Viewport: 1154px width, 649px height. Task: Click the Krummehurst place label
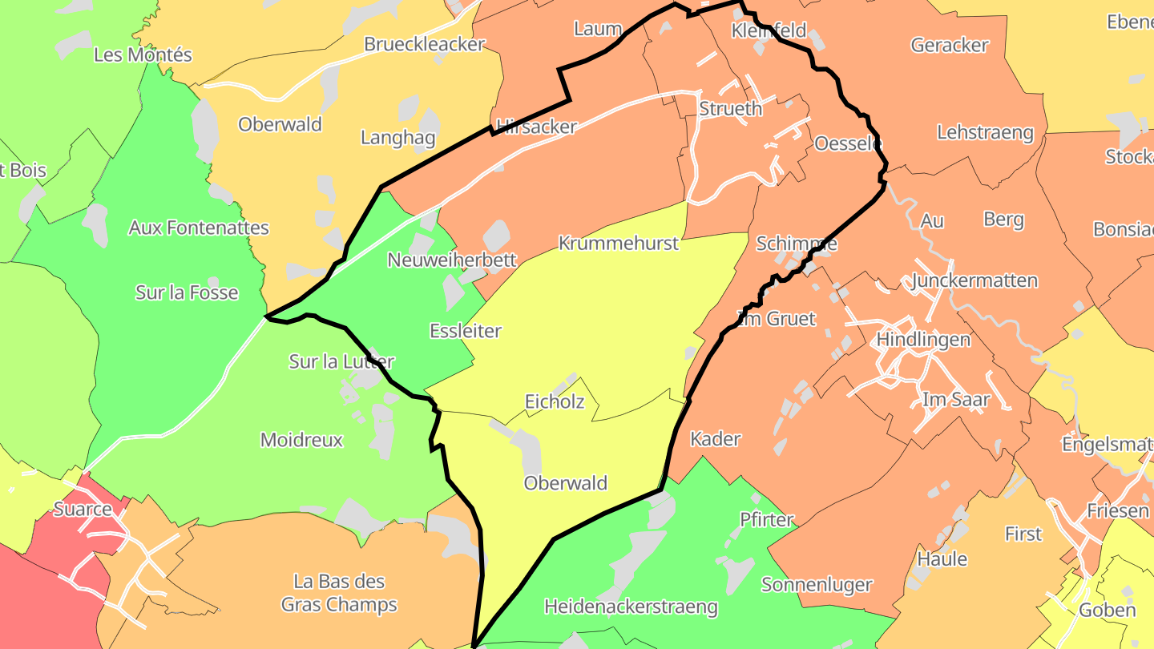pyautogui.click(x=618, y=243)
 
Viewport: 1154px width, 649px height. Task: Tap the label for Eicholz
pyautogui.click(x=555, y=401)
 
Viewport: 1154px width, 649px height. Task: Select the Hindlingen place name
pyautogui.click(x=923, y=339)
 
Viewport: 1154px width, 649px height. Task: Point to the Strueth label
pyautogui.click(x=730, y=108)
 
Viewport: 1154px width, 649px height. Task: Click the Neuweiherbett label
pyautogui.click(x=452, y=260)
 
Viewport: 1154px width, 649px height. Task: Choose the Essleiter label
pyautogui.click(x=466, y=330)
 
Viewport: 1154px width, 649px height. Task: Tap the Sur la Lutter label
pyautogui.click(x=341, y=361)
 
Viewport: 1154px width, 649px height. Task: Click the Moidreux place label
pyautogui.click(x=301, y=439)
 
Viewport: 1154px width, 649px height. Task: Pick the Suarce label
pyautogui.click(x=83, y=509)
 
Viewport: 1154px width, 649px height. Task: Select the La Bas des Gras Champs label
pyautogui.click(x=339, y=593)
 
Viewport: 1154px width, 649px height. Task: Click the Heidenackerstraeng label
pyautogui.click(x=631, y=607)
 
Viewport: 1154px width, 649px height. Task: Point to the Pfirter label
pyautogui.click(x=766, y=519)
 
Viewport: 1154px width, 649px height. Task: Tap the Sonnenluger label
pyautogui.click(x=817, y=584)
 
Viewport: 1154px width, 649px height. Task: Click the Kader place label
pyautogui.click(x=716, y=438)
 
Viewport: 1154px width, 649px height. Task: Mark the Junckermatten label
pyautogui.click(x=974, y=280)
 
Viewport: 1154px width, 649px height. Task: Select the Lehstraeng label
pyautogui.click(x=985, y=132)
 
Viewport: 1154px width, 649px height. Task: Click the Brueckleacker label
pyautogui.click(x=424, y=44)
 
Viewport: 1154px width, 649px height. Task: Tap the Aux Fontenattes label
pyautogui.click(x=199, y=228)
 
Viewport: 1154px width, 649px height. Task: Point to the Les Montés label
pyautogui.click(x=143, y=54)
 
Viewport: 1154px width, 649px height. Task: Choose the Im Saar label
pyautogui.click(x=956, y=399)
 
